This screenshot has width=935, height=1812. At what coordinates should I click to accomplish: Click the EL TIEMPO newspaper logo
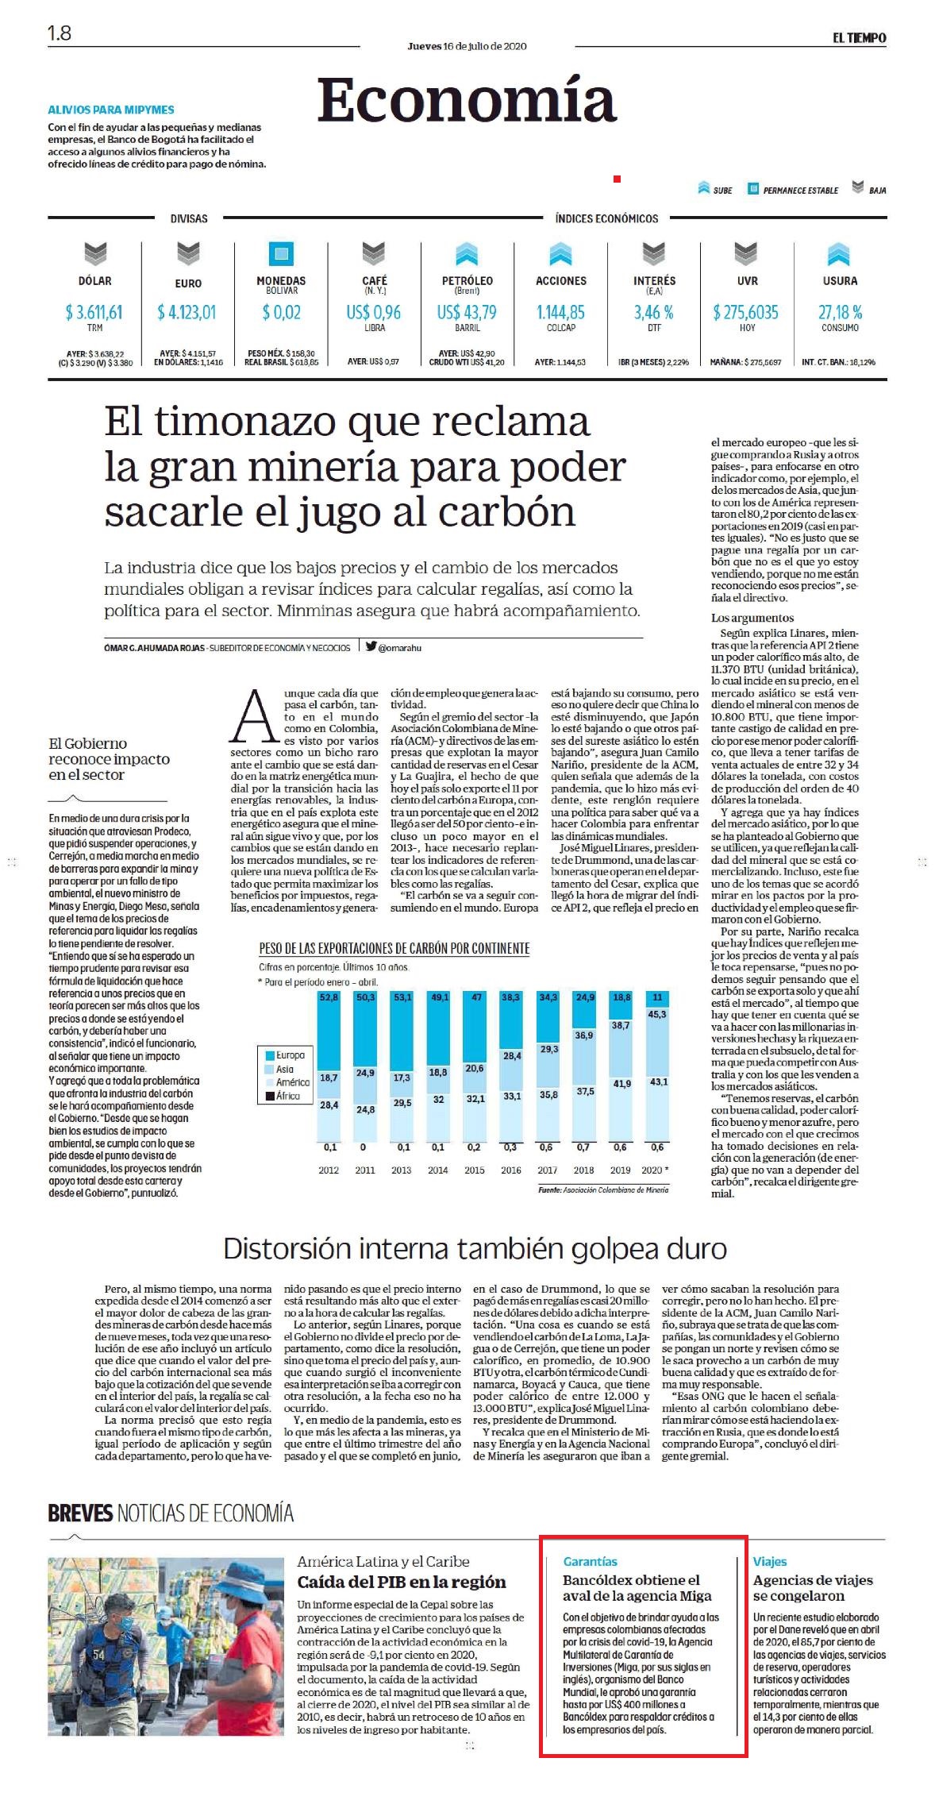coord(859,37)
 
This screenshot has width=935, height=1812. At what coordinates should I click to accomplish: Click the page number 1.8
coord(60,33)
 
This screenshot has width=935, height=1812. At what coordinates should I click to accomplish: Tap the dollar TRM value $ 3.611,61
coord(94,312)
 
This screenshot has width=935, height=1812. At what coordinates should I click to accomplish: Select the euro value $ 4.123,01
coord(187,312)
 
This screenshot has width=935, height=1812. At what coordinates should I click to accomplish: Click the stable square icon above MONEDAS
coord(281,254)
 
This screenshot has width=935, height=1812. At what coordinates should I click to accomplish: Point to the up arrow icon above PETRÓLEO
coord(467,254)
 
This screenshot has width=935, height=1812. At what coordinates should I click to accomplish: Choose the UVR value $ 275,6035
coord(746,312)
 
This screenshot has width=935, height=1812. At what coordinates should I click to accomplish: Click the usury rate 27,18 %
coord(840,312)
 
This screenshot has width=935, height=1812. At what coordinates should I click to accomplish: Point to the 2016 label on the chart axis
coord(511,1170)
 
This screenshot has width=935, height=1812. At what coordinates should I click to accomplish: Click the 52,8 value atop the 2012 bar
coord(329,997)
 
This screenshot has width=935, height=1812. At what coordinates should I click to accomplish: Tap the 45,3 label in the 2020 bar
coord(657,1014)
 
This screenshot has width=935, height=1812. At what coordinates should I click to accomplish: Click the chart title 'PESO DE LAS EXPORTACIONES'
coord(394,948)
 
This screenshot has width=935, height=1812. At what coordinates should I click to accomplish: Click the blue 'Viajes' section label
coord(770,1561)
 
